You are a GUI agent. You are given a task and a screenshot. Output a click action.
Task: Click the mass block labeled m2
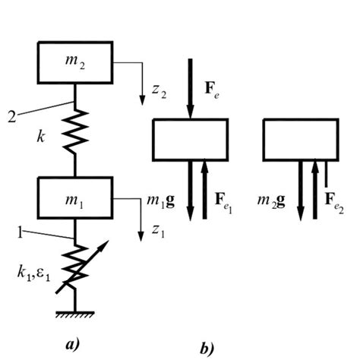tap(75, 62)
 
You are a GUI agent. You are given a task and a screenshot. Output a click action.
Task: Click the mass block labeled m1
tap(75, 197)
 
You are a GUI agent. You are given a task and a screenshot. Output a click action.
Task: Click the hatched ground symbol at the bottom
tap(76, 313)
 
